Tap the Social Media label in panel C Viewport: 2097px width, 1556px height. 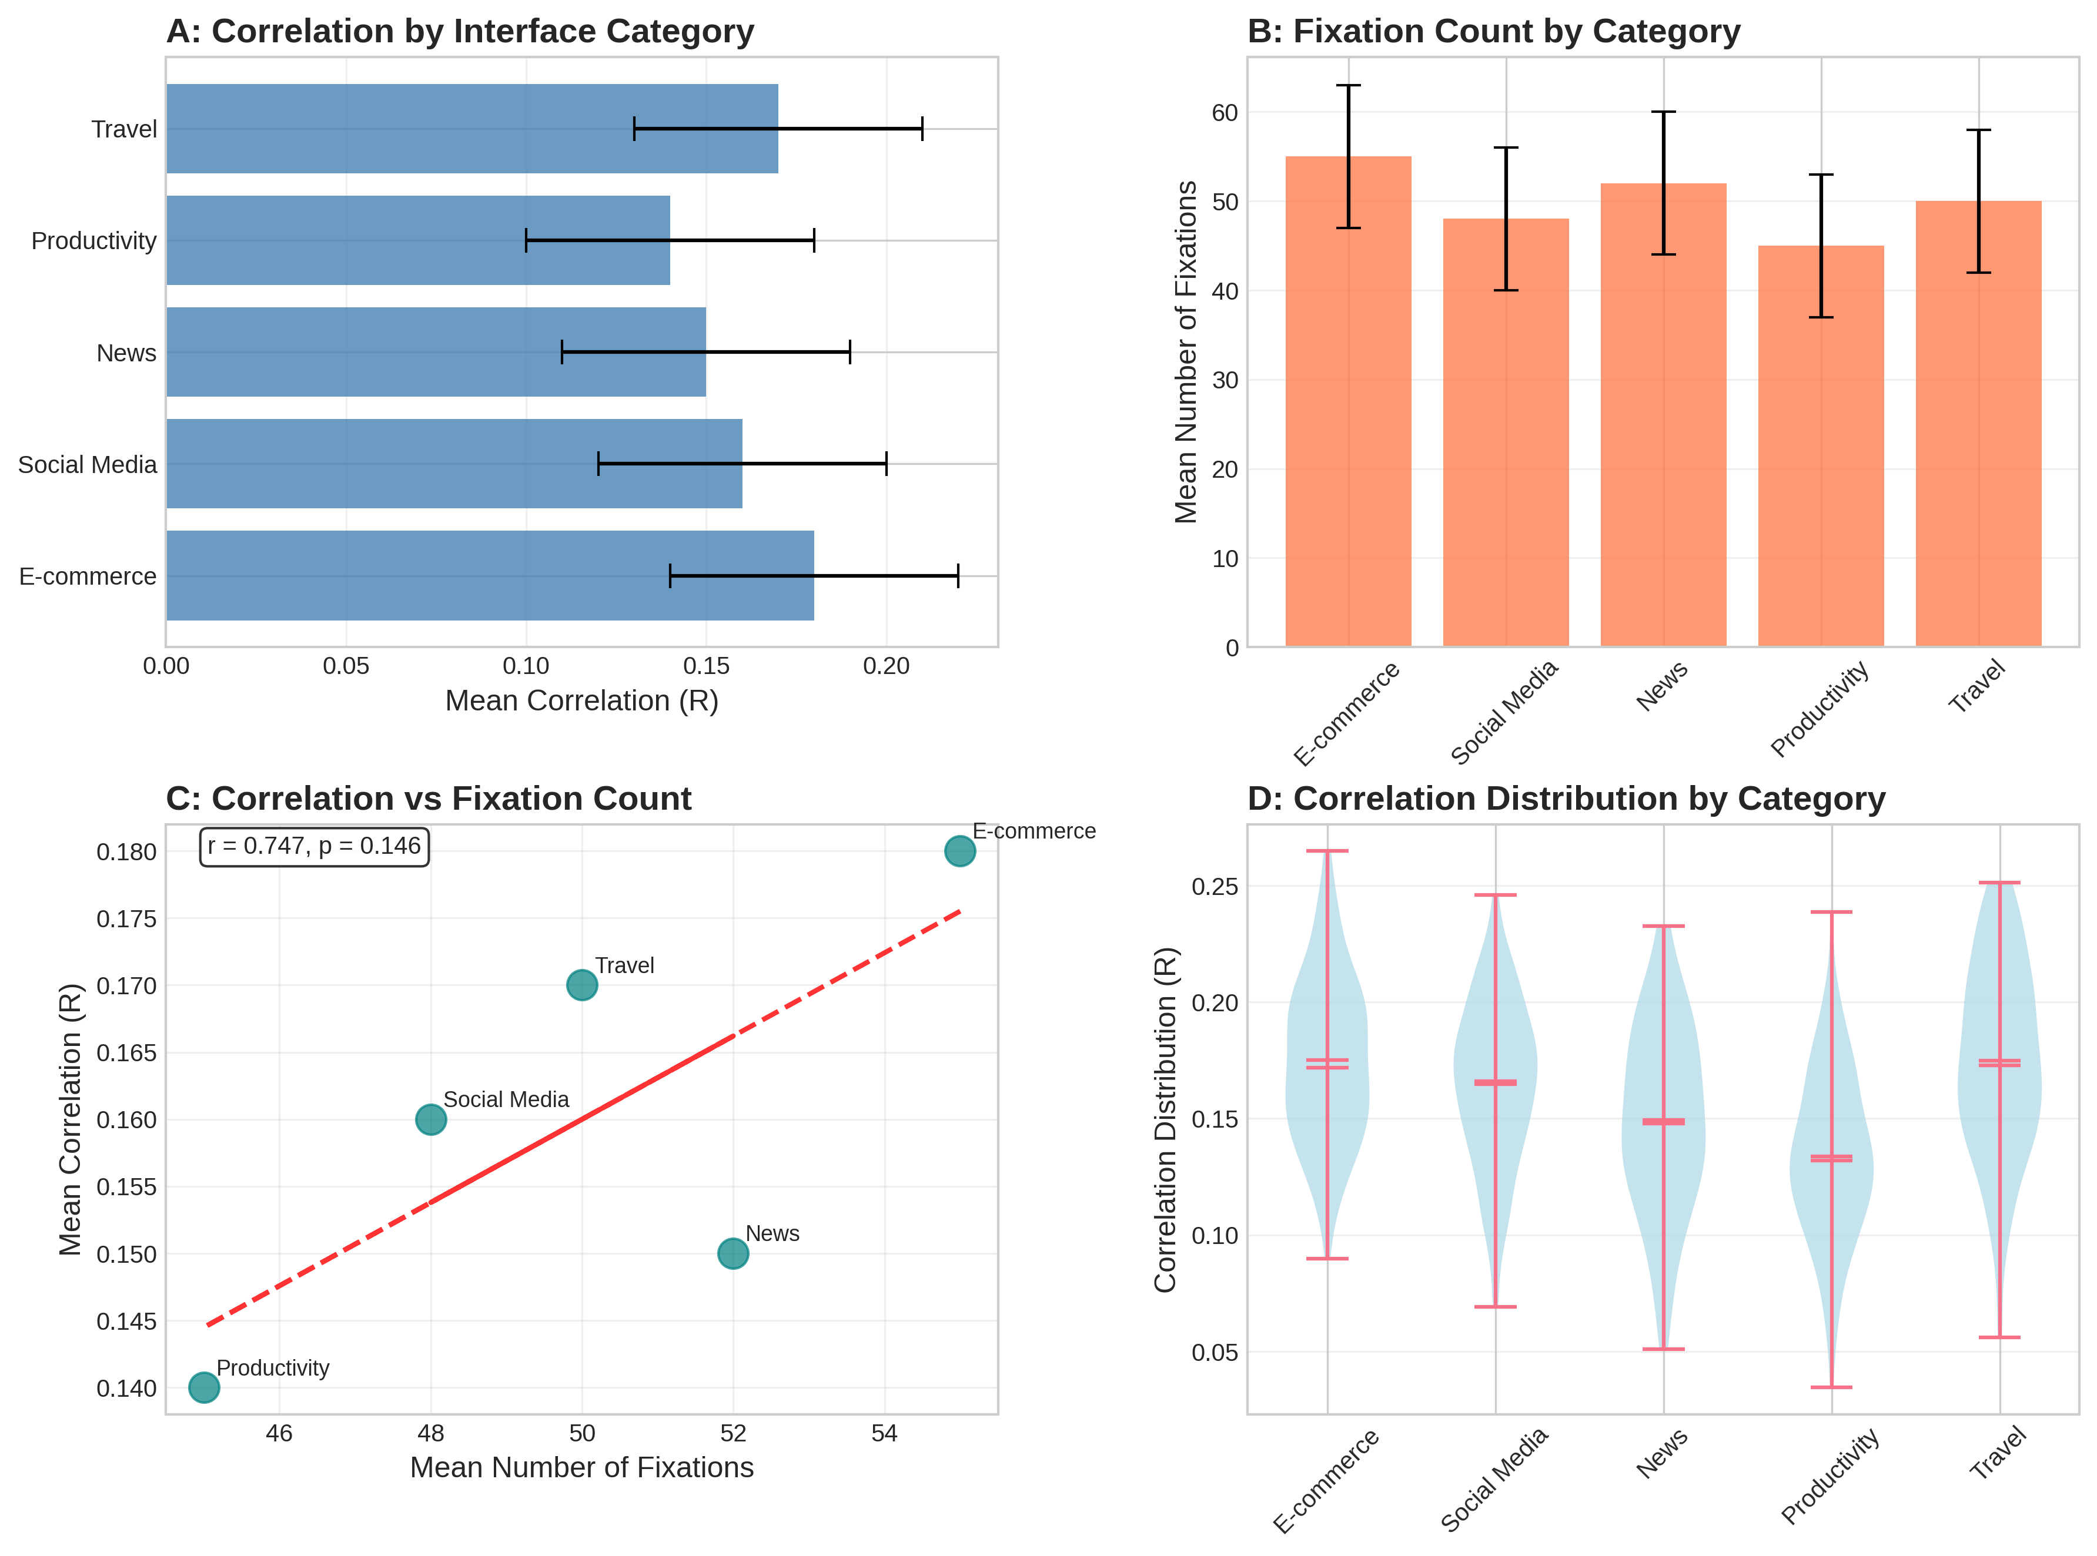click(506, 1099)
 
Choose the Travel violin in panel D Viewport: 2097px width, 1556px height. click(1999, 1083)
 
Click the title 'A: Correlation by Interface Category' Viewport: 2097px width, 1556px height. click(460, 31)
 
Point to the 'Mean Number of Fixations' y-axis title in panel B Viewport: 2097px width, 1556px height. click(1186, 351)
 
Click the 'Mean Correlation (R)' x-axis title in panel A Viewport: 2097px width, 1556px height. click(581, 701)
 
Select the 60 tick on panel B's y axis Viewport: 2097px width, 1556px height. click(1224, 112)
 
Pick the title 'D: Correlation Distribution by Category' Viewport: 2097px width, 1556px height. click(1566, 799)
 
